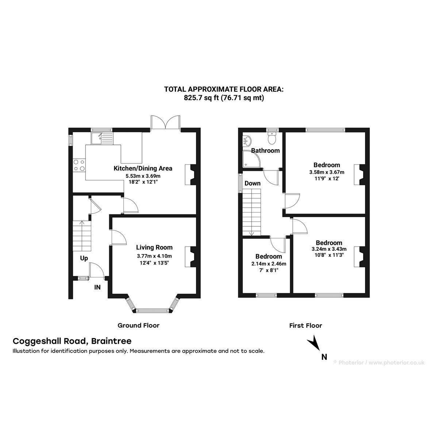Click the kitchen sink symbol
pos(102,138)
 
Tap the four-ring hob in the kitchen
pos(79,165)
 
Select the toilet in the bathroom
pos(272,137)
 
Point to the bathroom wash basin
pos(247,141)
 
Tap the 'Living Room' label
pos(154,247)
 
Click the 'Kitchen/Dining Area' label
pos(143,168)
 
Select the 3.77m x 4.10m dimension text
pos(154,256)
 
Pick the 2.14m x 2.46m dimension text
pos(269,264)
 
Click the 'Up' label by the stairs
pos(84,258)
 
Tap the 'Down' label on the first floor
pos(253,183)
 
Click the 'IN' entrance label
pos(97,287)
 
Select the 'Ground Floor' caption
pos(138,326)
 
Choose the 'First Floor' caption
pos(306,326)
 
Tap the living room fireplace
pos(191,257)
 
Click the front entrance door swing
pos(97,270)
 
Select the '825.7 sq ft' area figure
pos(201,98)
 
